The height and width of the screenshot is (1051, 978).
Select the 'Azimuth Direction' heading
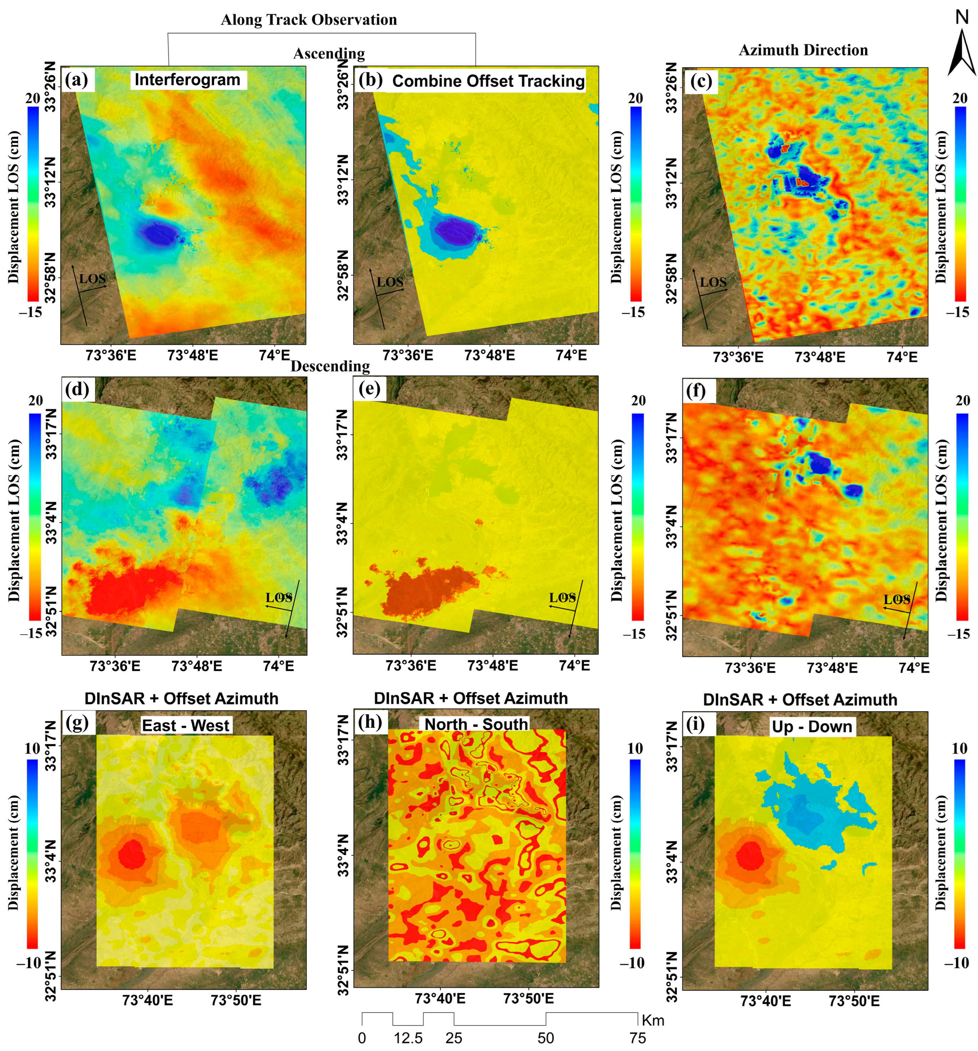pos(803,50)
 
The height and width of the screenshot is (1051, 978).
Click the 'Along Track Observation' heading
pos(309,20)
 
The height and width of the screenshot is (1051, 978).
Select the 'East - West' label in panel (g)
pos(186,725)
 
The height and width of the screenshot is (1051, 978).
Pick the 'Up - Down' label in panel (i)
pos(811,726)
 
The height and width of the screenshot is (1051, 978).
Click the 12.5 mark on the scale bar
pos(408,1038)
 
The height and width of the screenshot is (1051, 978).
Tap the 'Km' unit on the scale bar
pos(652,1020)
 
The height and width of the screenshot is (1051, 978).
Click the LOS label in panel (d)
pos(279,598)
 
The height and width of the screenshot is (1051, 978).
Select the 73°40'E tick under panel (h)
pos(440,998)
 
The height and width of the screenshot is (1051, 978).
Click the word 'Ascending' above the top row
pos(329,54)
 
